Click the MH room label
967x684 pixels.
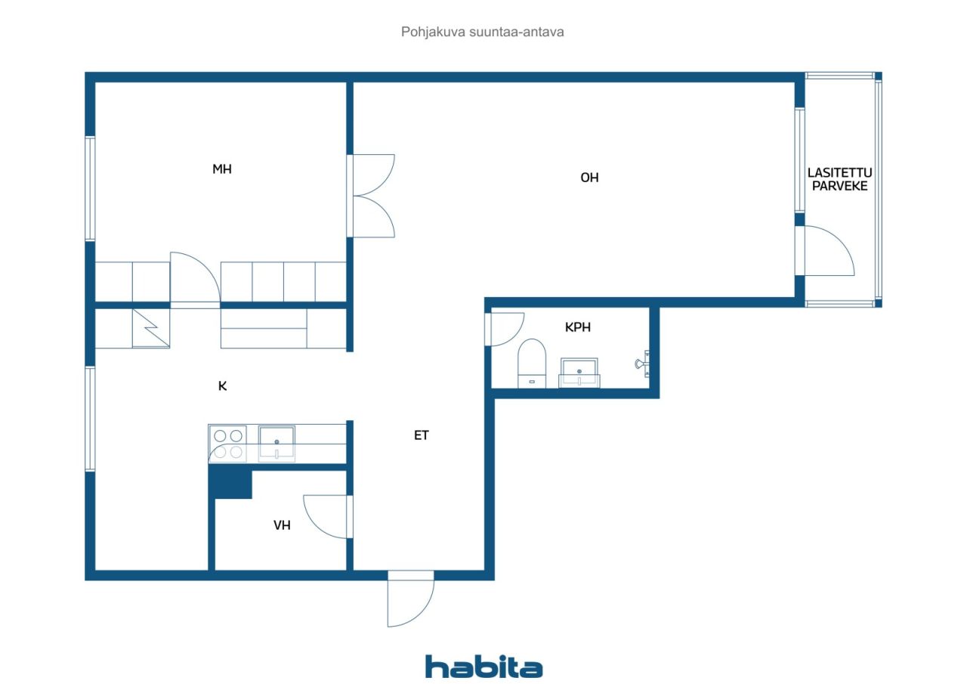pos(222,169)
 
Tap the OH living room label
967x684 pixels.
pos(589,178)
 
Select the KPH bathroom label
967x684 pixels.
pos(578,327)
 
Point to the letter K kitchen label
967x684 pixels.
pos(222,385)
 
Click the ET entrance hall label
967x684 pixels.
pos(422,435)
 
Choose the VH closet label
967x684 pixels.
pos(282,525)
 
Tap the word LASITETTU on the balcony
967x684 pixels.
pos(839,173)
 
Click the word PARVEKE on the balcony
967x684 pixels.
pos(839,186)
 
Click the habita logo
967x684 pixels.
pos(484,667)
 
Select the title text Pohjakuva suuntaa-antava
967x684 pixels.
pos(482,32)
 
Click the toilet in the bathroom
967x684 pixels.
pos(532,363)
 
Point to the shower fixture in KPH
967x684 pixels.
pos(642,364)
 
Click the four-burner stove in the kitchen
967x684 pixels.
pos(227,444)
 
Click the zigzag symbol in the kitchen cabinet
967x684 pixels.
pos(150,328)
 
